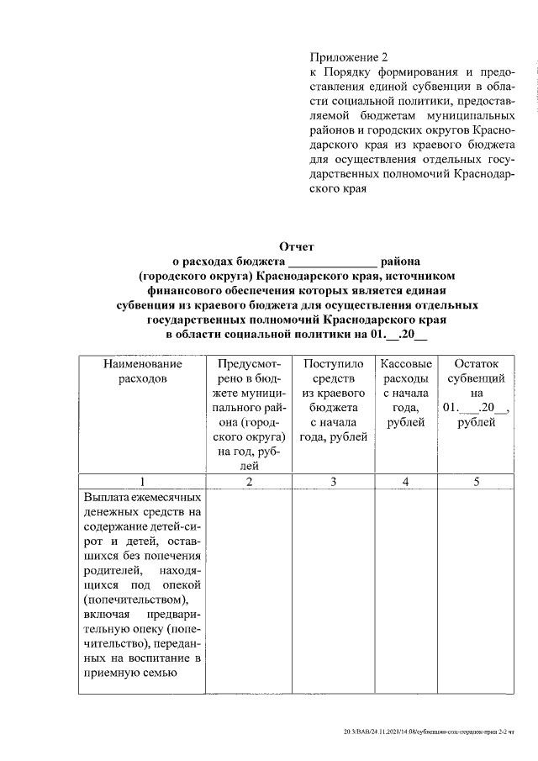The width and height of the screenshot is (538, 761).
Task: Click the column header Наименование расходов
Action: click(x=142, y=372)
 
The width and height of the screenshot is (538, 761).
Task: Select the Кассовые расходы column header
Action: click(x=407, y=393)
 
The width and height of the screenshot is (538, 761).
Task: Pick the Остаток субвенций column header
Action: click(x=476, y=393)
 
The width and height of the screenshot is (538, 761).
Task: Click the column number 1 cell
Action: click(x=142, y=482)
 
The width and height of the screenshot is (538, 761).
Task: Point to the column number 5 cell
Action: click(x=476, y=482)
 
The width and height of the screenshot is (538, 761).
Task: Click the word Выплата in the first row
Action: click(x=105, y=497)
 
